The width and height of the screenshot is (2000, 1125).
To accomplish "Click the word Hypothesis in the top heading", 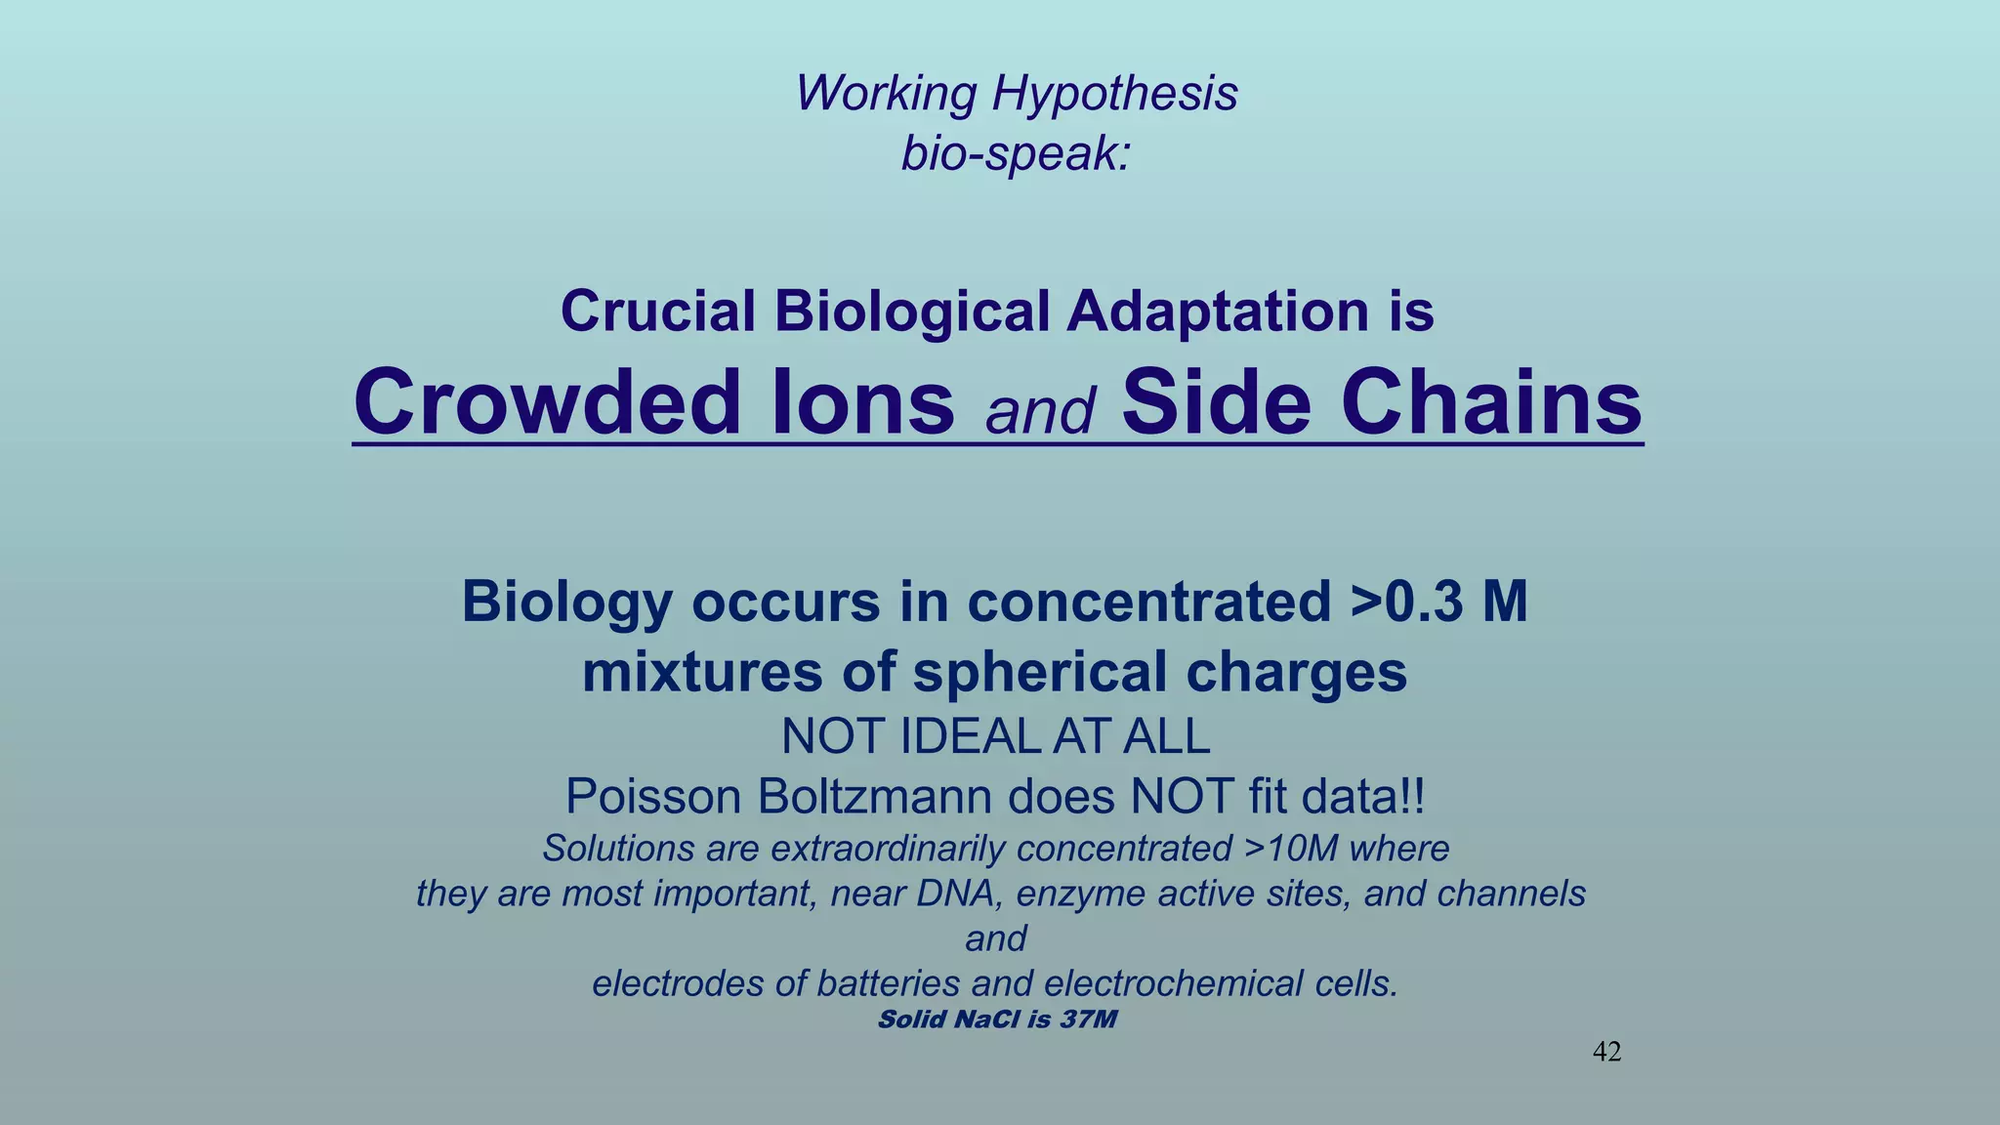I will (x=1114, y=95).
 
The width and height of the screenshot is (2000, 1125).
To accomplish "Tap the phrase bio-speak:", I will (x=1016, y=153).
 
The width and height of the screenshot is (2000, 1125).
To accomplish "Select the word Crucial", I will (x=657, y=312).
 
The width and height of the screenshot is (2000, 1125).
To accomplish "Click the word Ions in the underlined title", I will (x=862, y=402).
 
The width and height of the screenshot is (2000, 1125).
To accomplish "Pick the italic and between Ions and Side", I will (x=1039, y=411).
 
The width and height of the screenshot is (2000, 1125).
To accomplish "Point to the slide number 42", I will (x=1606, y=1052).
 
